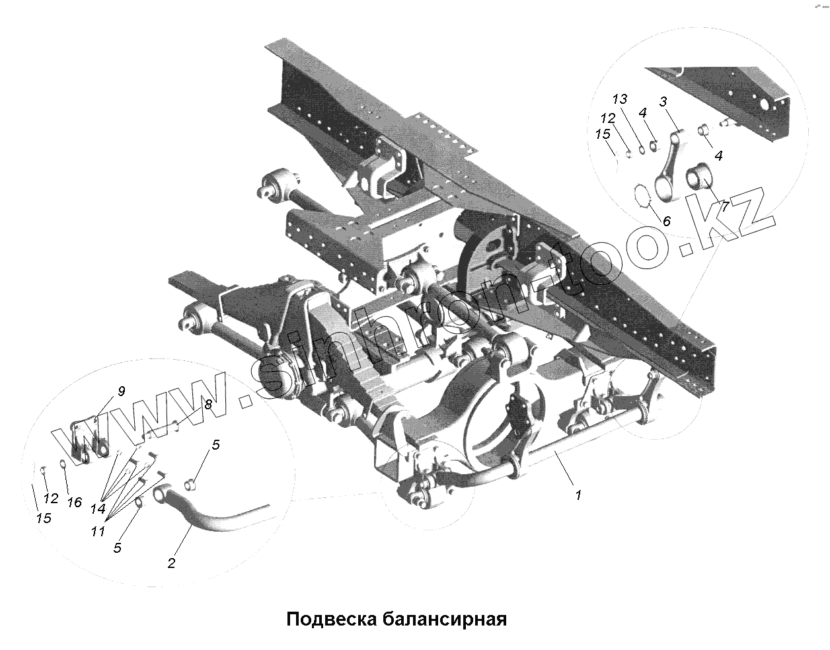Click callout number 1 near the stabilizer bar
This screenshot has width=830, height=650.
pyautogui.click(x=578, y=495)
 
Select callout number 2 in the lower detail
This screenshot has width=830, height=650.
pyautogui.click(x=171, y=563)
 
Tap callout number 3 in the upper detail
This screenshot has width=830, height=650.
pyautogui.click(x=663, y=102)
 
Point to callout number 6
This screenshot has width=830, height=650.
pyautogui.click(x=666, y=222)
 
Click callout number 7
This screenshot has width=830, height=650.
pyautogui.click(x=725, y=206)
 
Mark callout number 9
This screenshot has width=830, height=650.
pyautogui.click(x=121, y=391)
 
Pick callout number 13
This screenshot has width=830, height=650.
pyautogui.click(x=619, y=100)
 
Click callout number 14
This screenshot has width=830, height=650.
pyautogui.click(x=98, y=509)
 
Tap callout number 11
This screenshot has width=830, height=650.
pyautogui.click(x=98, y=530)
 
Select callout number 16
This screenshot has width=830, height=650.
pyautogui.click(x=74, y=503)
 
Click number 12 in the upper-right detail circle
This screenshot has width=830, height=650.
pyautogui.click(x=608, y=119)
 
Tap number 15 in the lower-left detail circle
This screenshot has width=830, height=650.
pyautogui.click(x=44, y=518)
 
